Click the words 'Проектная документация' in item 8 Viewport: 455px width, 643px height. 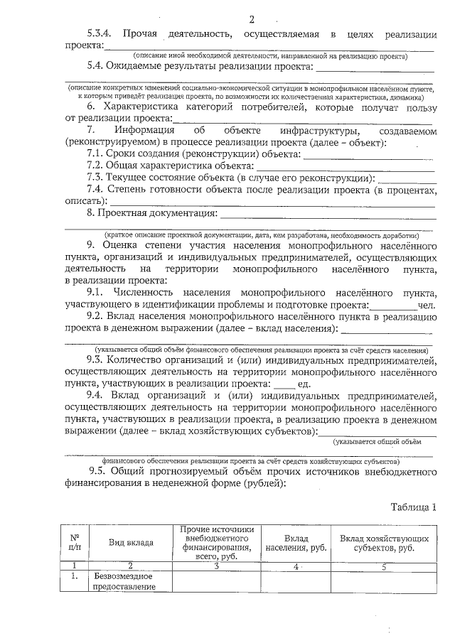pos(158,212)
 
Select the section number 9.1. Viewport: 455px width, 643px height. pos(97,293)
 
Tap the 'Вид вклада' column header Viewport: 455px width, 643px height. pos(131,543)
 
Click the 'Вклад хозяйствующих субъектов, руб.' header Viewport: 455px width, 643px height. pos(384,543)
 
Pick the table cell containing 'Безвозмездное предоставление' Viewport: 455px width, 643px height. pos(125,581)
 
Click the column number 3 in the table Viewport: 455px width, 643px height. pos(217,566)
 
